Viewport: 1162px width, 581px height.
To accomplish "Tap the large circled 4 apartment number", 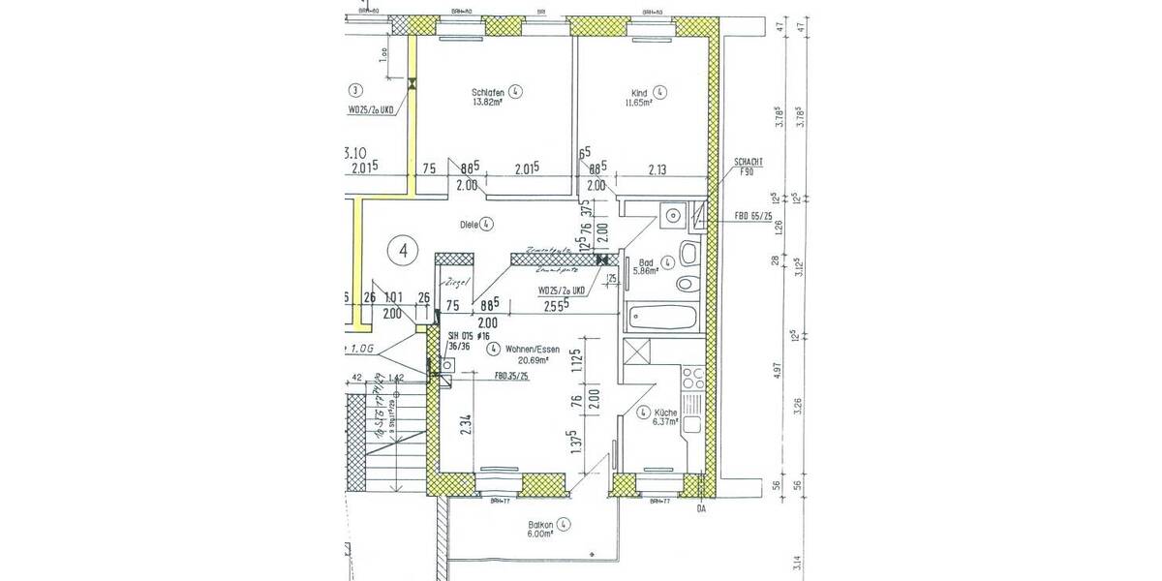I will pos(403,250).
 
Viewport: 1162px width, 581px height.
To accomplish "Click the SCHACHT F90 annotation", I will pos(749,167).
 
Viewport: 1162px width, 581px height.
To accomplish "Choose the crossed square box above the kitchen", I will pos(639,352).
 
